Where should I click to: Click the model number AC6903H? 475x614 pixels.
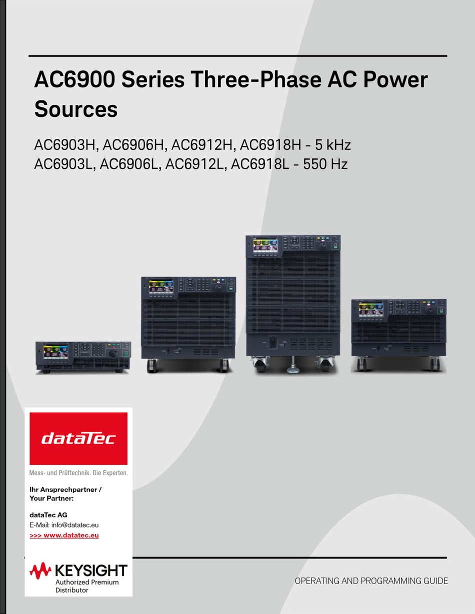65,145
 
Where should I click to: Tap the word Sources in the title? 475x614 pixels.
76,109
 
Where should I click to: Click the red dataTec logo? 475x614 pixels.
78,439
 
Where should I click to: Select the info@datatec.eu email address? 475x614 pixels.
75,525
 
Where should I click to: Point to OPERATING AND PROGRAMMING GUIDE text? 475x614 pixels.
371,581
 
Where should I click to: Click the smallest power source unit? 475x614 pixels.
83,357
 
